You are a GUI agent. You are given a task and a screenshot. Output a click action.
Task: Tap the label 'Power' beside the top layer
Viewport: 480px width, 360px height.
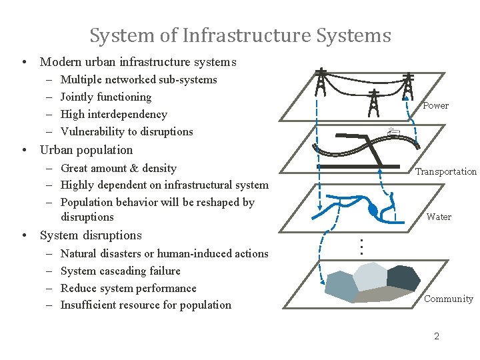[436, 105]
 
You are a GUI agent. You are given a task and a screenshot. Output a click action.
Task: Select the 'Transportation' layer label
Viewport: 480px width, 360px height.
[446, 171]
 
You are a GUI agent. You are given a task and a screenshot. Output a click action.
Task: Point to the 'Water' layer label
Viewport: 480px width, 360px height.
[439, 217]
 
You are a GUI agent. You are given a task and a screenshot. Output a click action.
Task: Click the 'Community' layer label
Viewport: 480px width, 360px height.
[449, 299]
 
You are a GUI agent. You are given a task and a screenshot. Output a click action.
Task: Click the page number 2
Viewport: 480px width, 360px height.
[437, 336]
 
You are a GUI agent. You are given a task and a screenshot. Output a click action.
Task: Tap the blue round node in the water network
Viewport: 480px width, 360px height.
[373, 211]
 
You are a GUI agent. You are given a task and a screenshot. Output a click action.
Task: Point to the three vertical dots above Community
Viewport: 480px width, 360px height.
[361, 246]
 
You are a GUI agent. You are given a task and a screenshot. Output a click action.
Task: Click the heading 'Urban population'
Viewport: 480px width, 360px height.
[86, 150]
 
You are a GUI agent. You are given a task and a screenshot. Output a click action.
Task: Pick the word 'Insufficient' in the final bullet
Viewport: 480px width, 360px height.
[90, 305]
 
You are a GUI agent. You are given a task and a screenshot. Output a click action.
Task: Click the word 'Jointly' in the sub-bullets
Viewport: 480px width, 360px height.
[77, 97]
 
